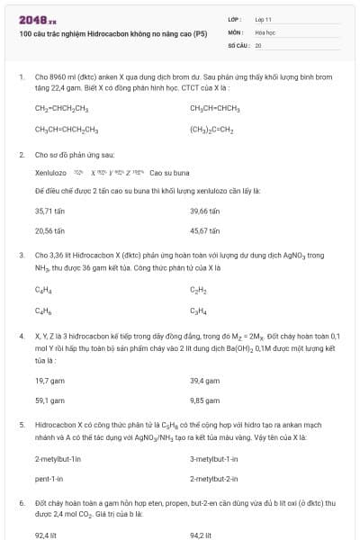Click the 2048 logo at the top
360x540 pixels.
[37, 19]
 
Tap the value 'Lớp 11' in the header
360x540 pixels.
[264, 19]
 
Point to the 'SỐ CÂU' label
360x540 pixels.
[238, 44]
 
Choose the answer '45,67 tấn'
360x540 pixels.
[205, 230]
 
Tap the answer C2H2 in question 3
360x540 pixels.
[198, 291]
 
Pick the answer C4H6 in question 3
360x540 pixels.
[42, 311]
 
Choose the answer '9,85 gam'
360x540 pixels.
[205, 401]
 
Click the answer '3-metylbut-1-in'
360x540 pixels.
[214, 459]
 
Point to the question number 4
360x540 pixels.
[22, 335]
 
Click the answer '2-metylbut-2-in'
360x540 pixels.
[214, 480]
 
